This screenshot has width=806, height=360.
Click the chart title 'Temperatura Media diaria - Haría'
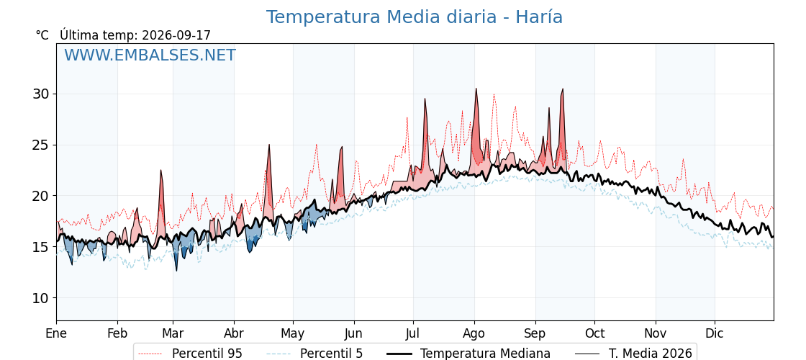point(415,17)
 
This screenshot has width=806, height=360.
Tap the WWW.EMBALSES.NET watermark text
point(150,55)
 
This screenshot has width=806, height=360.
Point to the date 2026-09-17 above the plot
point(176,35)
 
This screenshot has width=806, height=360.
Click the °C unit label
point(42,35)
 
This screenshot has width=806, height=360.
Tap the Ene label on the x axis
point(56,333)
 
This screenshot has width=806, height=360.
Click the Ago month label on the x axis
point(474,333)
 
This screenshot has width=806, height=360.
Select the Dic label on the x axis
point(715,333)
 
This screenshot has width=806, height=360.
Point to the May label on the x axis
point(293,333)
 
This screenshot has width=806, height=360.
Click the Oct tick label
point(594,333)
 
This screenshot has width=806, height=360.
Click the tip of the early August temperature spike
point(476,89)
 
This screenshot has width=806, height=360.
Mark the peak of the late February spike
point(161,170)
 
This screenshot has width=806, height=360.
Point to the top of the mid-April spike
point(269,145)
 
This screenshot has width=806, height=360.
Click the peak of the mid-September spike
point(563,89)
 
